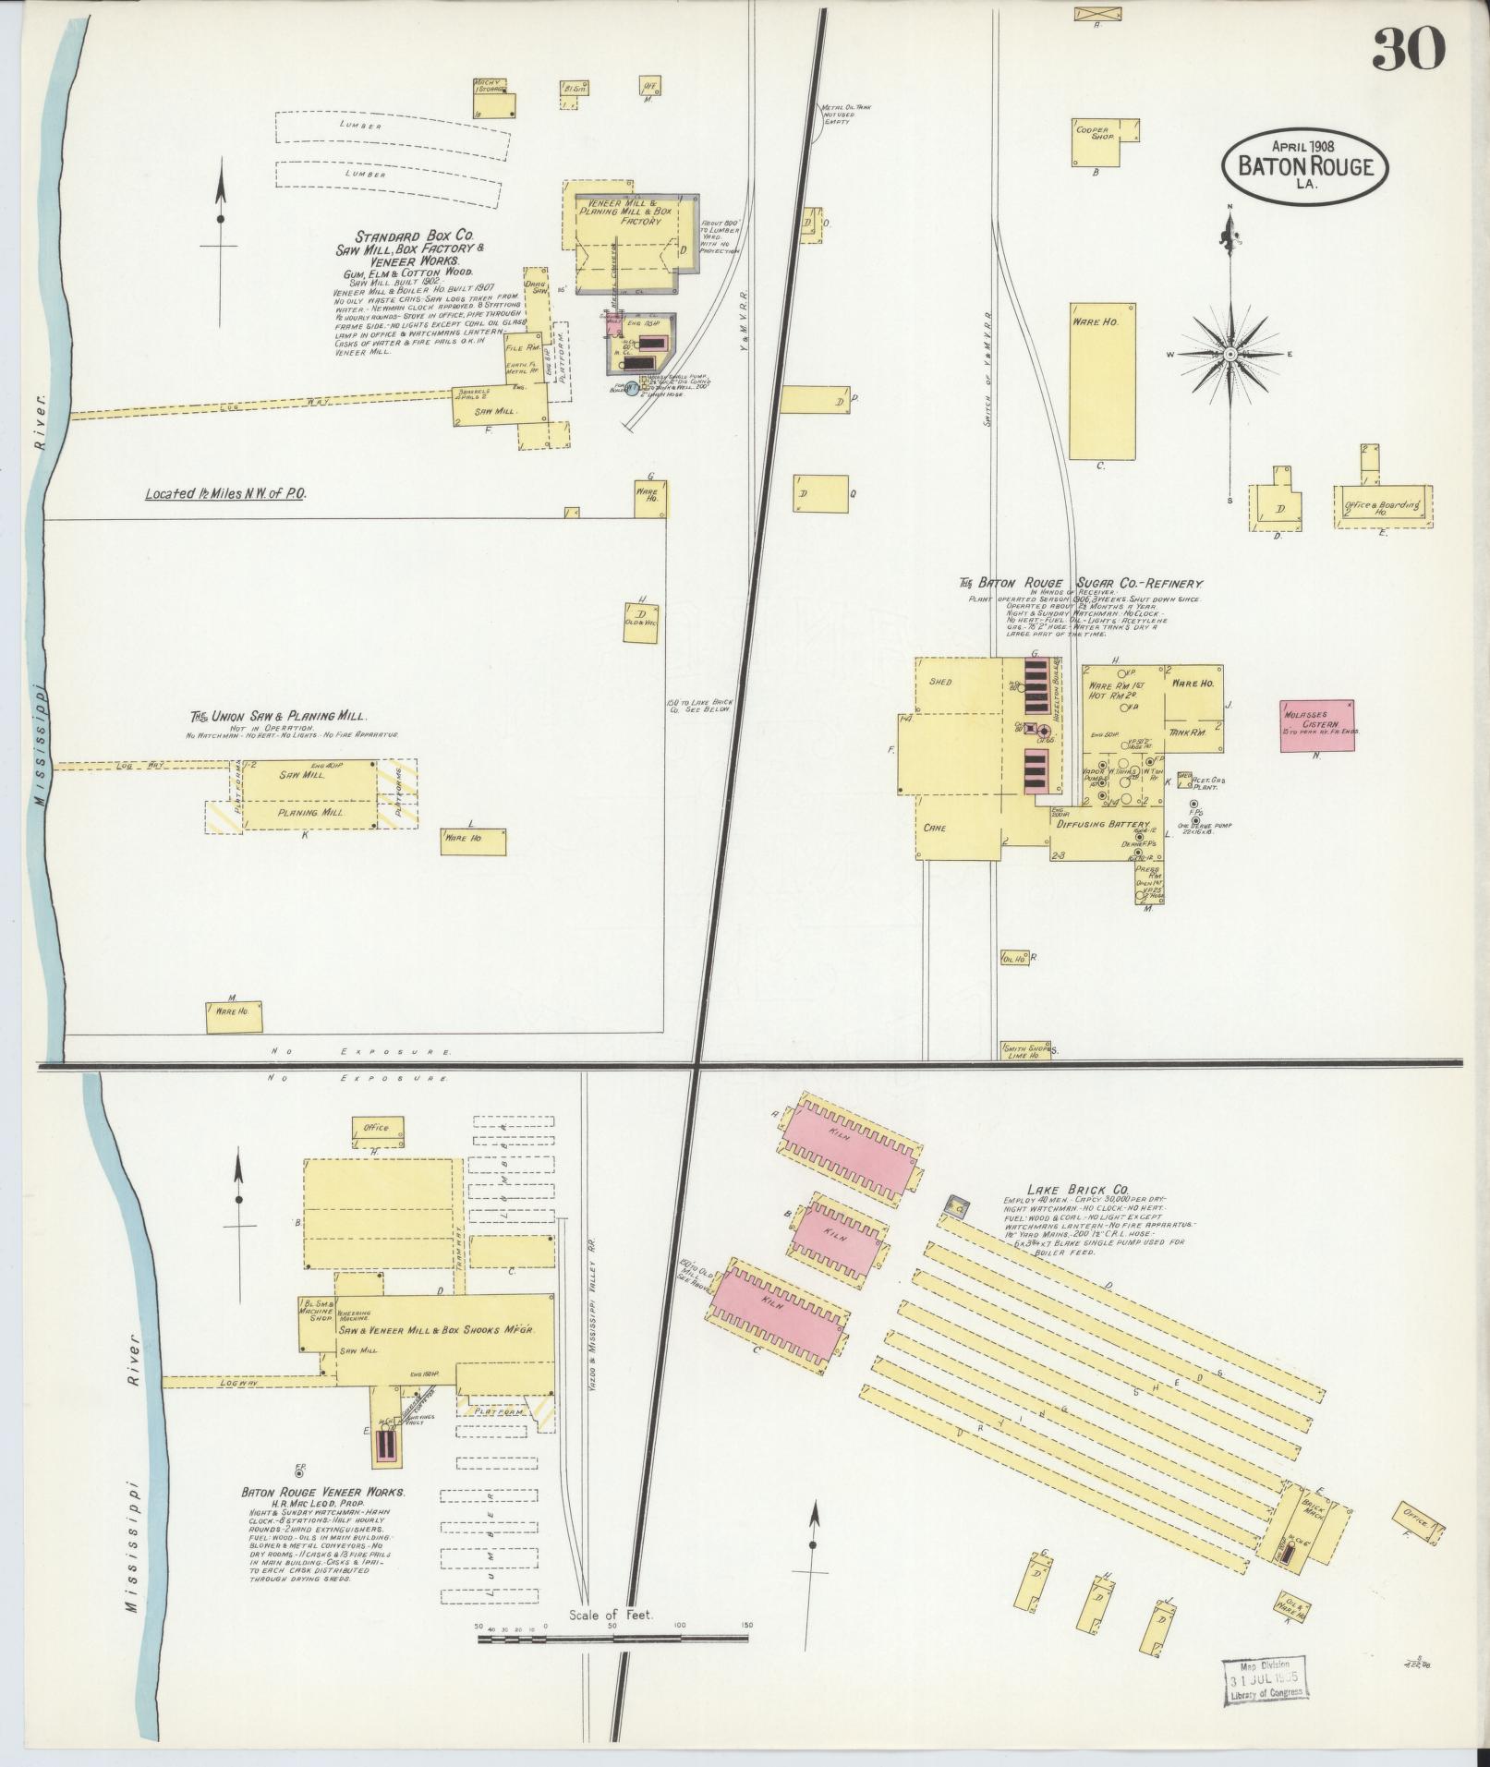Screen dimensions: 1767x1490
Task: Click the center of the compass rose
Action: [1230, 354]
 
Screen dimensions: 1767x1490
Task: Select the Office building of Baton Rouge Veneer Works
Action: [377, 1129]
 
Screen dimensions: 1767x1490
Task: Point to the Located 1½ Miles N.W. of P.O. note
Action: [224, 494]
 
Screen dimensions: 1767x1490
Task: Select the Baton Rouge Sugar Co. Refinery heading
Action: [1080, 583]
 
